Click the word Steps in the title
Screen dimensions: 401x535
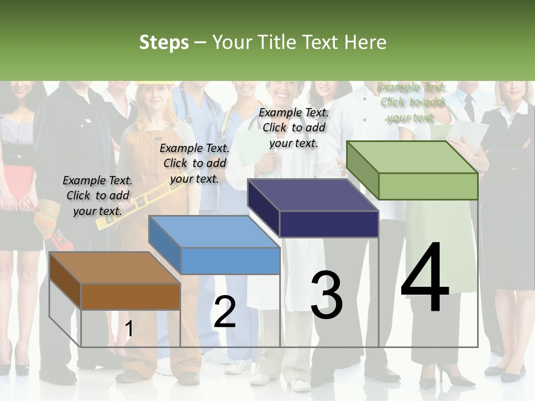pyautogui.click(x=164, y=42)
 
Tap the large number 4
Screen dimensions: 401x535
pyautogui.click(x=425, y=278)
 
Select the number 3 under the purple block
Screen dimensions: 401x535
pyautogui.click(x=326, y=295)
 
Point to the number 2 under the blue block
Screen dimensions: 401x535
pyautogui.click(x=225, y=312)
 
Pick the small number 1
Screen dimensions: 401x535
pyautogui.click(x=129, y=329)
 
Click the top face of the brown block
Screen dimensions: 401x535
pyautogui.click(x=115, y=268)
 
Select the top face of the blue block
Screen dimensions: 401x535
pyautogui.click(x=214, y=232)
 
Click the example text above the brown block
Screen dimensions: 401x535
pyautogui.click(x=98, y=195)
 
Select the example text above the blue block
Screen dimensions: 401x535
pyautogui.click(x=194, y=163)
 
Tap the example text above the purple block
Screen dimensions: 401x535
pyautogui.click(x=294, y=128)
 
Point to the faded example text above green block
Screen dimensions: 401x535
pyautogui.click(x=411, y=102)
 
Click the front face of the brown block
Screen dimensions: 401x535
pyautogui.click(x=130, y=296)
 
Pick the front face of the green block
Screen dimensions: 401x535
pyautogui.click(x=428, y=186)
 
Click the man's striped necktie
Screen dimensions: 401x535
pyautogui.click(x=469, y=107)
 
